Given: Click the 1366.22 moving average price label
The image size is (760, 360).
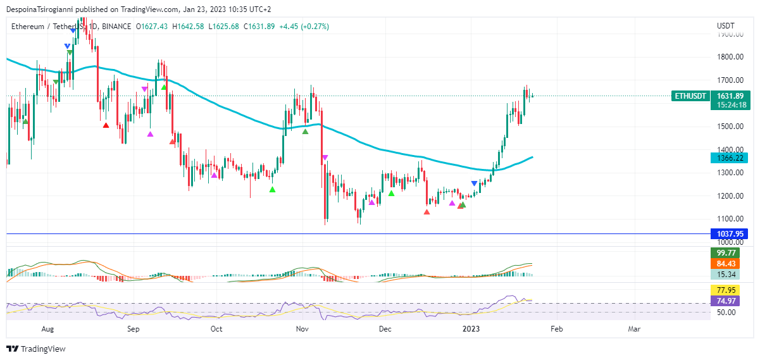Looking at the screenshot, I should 729,158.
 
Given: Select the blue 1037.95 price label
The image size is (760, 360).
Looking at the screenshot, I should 729,233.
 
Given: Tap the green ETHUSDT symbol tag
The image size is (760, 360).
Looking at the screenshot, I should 690,96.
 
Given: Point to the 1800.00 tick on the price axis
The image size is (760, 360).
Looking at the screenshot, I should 730,57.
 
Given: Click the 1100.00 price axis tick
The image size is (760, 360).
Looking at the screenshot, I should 730,219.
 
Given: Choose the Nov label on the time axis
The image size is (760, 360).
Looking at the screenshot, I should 302,329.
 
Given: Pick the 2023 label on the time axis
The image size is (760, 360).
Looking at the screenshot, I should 471,329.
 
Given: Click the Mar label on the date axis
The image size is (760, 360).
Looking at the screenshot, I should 634,329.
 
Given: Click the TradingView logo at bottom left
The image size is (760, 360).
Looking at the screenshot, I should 36,349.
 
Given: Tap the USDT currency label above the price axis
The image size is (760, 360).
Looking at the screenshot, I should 725,26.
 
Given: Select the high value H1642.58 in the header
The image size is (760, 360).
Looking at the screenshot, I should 188,26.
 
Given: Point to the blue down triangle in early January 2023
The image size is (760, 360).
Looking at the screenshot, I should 474,183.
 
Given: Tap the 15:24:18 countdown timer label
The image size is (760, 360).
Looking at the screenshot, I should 729,105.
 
